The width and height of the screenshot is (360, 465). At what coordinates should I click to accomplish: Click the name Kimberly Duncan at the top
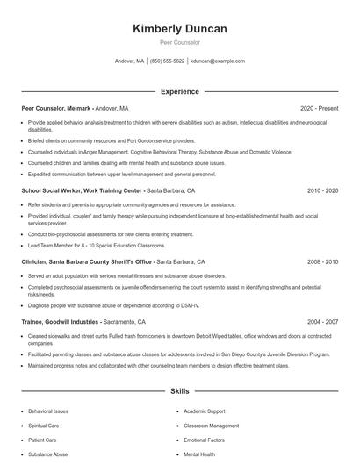pos(179,29)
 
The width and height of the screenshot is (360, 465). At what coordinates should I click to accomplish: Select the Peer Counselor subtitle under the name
pos(179,42)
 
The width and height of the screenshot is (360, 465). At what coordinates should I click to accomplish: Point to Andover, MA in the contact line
pos(129,61)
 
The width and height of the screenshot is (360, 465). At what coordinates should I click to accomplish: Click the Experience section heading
pos(179,91)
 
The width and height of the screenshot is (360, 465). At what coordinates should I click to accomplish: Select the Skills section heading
pos(179,390)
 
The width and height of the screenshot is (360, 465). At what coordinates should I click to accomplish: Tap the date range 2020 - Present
pos(319,108)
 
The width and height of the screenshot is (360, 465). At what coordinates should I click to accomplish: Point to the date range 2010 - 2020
pos(322,190)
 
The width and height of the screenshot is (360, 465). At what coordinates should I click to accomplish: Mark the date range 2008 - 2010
pos(322,261)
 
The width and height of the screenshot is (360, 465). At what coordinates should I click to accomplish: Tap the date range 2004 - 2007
pos(322,322)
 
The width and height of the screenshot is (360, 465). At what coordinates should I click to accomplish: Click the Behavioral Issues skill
pos(47,410)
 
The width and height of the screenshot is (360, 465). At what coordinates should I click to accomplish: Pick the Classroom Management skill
pos(212,425)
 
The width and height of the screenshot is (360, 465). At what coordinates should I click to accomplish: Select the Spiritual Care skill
pos(43,425)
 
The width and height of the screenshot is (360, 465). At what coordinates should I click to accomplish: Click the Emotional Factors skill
pos(205,440)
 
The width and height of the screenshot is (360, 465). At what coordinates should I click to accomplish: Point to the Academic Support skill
pos(205,410)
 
